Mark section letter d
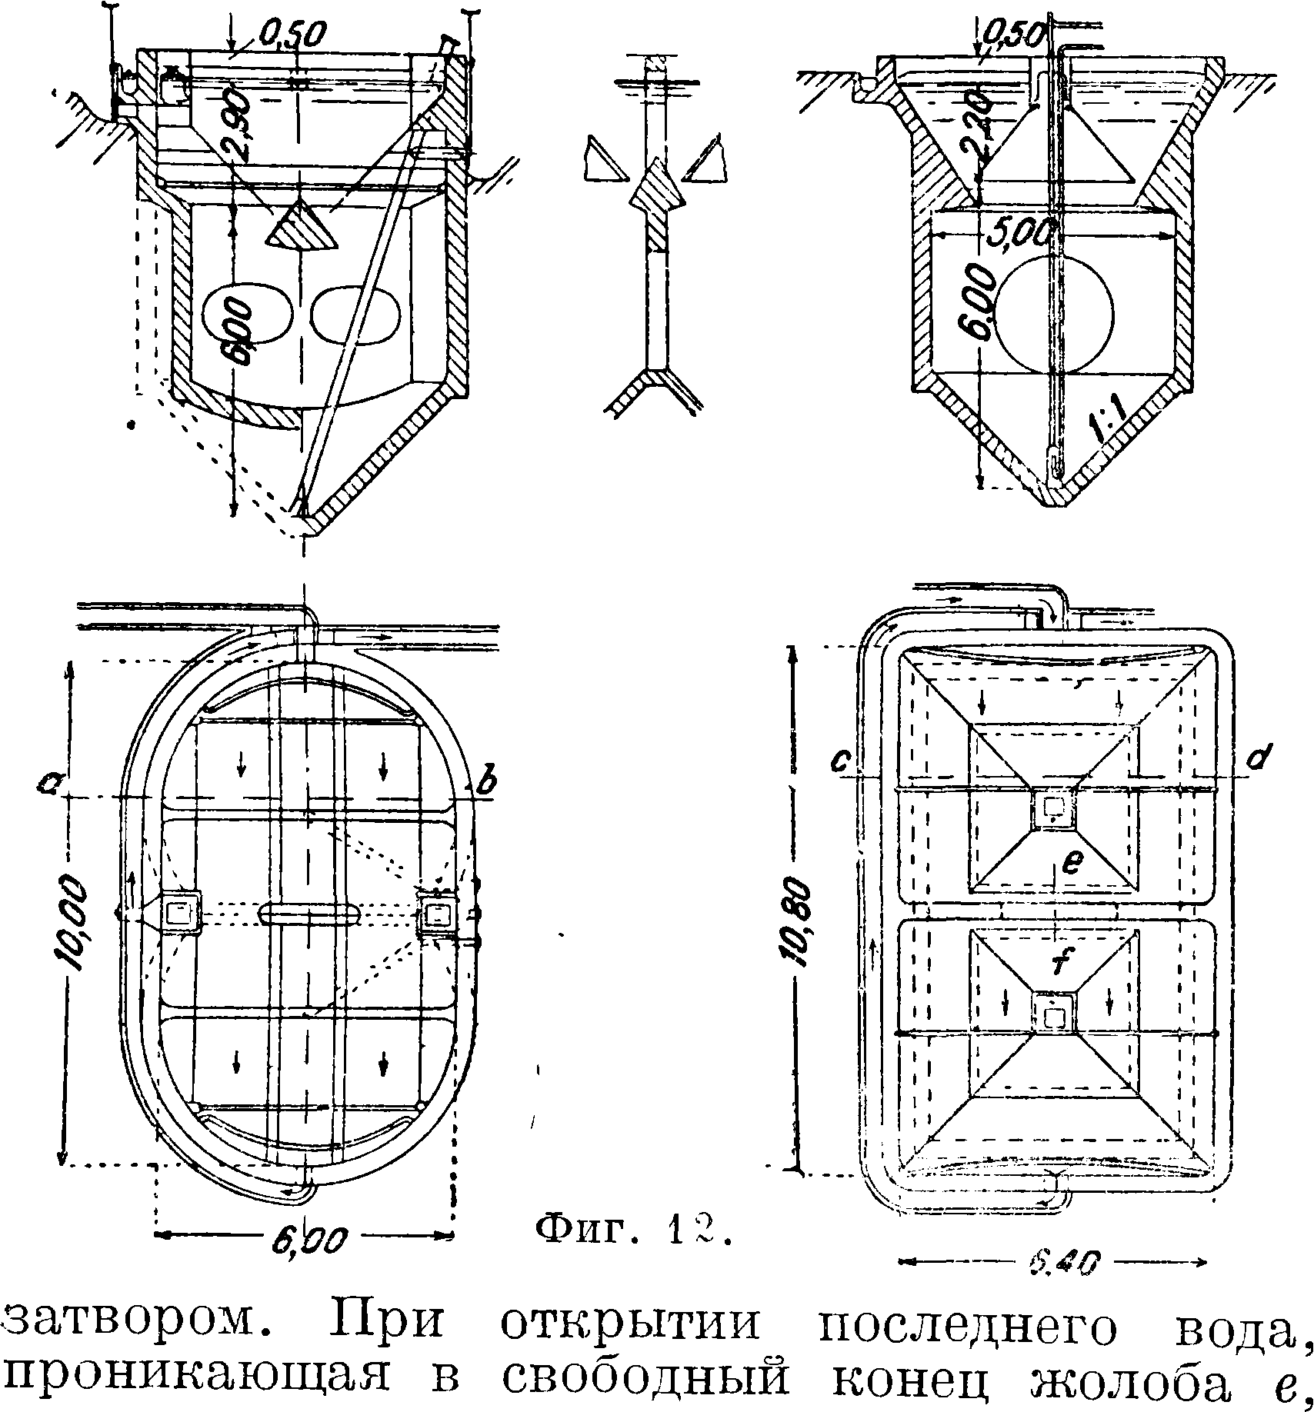pyautogui.click(x=1259, y=759)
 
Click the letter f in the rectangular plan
pyautogui.click(x=1059, y=961)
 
